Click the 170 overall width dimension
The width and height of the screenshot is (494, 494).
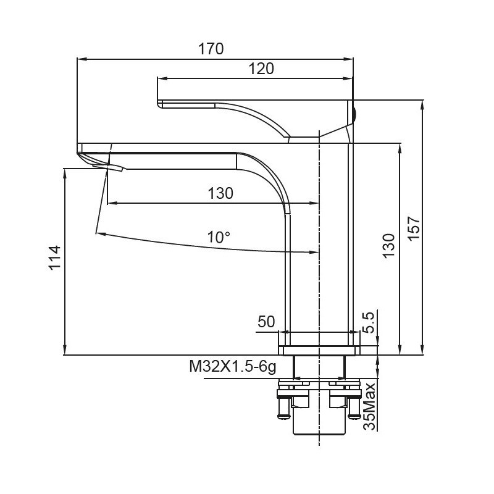click(x=211, y=49)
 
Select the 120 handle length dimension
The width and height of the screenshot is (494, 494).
click(x=261, y=69)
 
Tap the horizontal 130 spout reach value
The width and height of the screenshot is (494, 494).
click(x=220, y=193)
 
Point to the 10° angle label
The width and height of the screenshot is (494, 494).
click(x=218, y=237)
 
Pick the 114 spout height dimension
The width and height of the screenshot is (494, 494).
click(x=54, y=258)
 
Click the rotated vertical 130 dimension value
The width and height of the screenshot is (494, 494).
click(x=388, y=247)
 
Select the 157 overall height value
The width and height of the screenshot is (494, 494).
click(x=414, y=230)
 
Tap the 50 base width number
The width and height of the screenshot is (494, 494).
click(x=266, y=322)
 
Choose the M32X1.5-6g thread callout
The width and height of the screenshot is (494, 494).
click(x=232, y=367)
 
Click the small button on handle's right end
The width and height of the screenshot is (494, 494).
click(x=354, y=113)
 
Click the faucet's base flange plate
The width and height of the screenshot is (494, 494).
click(x=319, y=351)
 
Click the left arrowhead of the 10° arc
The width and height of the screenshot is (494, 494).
click(x=99, y=233)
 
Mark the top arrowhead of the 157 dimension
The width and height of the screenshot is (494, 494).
click(x=424, y=104)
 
